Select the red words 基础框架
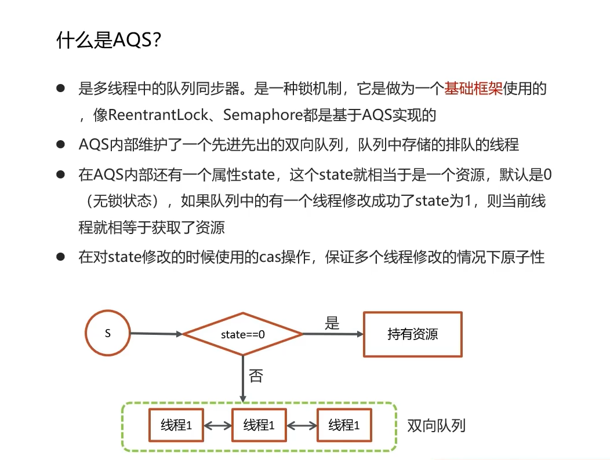pyautogui.click(x=473, y=89)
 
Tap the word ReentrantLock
pyautogui.click(x=158, y=115)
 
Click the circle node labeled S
pyautogui.click(x=107, y=334)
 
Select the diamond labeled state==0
pyautogui.click(x=243, y=334)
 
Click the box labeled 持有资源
pyautogui.click(x=412, y=334)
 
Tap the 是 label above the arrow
pyautogui.click(x=332, y=323)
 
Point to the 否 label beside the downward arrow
pyautogui.click(x=256, y=376)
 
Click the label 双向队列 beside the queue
pyautogui.click(x=436, y=426)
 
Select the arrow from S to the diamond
pyautogui.click(x=155, y=334)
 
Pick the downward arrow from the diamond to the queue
pyautogui.click(x=243, y=379)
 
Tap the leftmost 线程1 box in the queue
pyautogui.click(x=176, y=426)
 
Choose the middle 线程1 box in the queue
pyautogui.click(x=259, y=426)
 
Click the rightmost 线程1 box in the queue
pyautogui.click(x=344, y=426)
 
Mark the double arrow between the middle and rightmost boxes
pyautogui.click(x=302, y=426)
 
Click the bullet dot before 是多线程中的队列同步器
pyautogui.click(x=60, y=89)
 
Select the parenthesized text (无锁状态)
pyautogui.click(x=121, y=201)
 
